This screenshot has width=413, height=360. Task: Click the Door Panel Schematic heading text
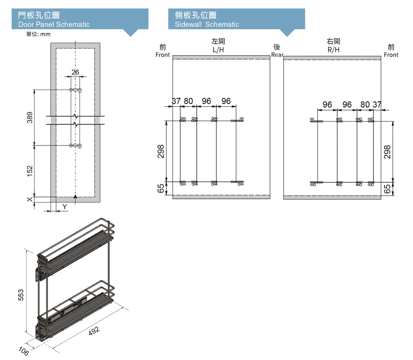click(54, 24)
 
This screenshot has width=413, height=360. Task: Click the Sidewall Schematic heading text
click(206, 24)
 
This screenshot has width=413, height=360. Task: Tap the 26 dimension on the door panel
click(75, 72)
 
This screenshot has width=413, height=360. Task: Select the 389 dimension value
click(30, 117)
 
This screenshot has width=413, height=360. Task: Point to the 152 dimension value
click(30, 171)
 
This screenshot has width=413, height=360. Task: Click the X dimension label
click(30, 199)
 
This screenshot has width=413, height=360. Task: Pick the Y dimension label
click(64, 207)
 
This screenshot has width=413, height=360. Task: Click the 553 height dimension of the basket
click(21, 295)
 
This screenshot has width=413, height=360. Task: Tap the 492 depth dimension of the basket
click(94, 331)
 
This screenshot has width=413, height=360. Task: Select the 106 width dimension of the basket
click(23, 351)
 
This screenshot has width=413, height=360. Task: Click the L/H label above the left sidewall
click(218, 50)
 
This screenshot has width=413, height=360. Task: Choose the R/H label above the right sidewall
click(333, 50)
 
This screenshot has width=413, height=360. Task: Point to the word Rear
click(277, 55)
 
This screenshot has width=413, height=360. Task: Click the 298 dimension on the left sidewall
click(161, 152)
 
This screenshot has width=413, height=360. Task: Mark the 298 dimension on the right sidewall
click(387, 152)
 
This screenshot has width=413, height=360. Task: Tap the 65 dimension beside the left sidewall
click(161, 188)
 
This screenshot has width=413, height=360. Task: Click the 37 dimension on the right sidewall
click(377, 105)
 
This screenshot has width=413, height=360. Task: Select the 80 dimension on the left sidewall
click(188, 101)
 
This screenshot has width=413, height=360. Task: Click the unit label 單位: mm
click(38, 34)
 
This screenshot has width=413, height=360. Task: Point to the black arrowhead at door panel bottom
click(75, 197)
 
